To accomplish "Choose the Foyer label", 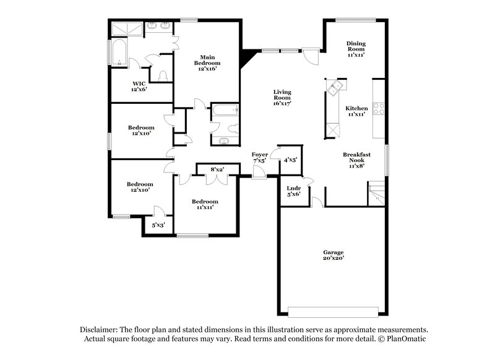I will point(260,157).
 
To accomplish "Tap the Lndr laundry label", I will point(293,191).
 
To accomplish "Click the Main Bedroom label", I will point(205,63).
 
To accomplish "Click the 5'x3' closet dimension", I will point(159,226).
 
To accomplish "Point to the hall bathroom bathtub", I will point(223,110).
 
